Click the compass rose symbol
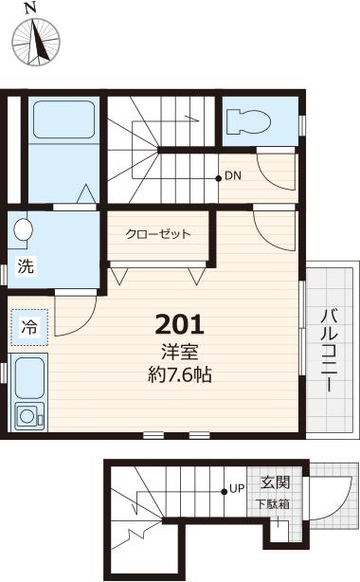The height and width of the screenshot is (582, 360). coord(37,42)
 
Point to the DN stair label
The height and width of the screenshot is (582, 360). coord(234,176)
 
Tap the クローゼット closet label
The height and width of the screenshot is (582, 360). coord(158,234)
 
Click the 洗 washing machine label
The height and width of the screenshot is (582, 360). coord(27,267)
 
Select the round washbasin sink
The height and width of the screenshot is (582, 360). coord(23,230)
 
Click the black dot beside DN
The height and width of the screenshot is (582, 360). coord(219,176)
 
